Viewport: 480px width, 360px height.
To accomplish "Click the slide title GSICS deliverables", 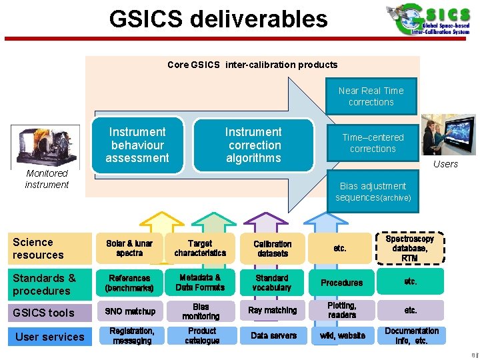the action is [x=219, y=19].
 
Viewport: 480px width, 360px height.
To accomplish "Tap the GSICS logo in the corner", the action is [x=429, y=19].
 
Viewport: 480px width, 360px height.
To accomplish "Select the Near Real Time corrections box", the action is [x=371, y=97].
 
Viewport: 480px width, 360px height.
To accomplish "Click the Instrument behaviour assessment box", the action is [x=137, y=145].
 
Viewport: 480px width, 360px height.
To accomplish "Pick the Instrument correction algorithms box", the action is [x=253, y=145].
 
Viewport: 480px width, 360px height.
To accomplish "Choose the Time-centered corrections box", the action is [x=373, y=143].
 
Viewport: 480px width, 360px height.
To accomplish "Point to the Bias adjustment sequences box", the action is [x=373, y=192].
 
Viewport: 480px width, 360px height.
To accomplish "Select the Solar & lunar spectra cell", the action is [x=129, y=249].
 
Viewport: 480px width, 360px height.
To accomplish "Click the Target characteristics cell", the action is [x=200, y=249].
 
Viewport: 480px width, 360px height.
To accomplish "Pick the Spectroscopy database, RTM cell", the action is [x=410, y=248].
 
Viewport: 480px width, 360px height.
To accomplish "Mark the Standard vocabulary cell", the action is [x=272, y=283].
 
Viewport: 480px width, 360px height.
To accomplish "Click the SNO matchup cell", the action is [x=130, y=311].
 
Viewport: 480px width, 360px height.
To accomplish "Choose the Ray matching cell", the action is [x=273, y=311].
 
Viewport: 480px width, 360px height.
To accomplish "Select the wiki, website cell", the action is [x=342, y=336].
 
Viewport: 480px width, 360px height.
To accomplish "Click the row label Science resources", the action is [x=39, y=249].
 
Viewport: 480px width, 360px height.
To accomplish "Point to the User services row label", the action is [x=49, y=337].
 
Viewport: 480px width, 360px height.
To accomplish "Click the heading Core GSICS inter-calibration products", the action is [x=252, y=65].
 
